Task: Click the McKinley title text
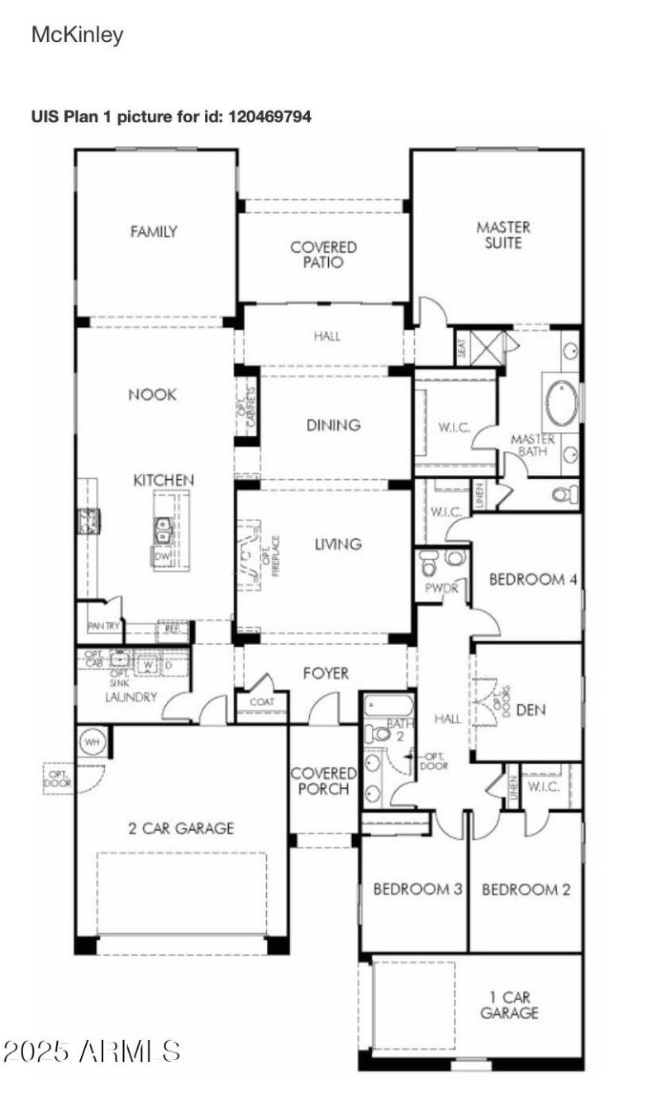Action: [77, 35]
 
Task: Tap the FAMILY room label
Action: [154, 232]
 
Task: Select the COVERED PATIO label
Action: [323, 254]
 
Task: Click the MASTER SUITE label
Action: [502, 235]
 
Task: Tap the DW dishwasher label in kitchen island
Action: [161, 558]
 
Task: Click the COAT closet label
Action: [261, 702]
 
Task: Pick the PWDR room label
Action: [436, 590]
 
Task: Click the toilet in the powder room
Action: [428, 564]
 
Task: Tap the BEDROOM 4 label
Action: [532, 579]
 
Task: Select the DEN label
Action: [530, 709]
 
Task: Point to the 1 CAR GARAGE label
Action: [509, 1005]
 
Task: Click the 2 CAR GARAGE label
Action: [180, 828]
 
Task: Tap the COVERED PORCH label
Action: [323, 781]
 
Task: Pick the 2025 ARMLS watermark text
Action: [92, 1051]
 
